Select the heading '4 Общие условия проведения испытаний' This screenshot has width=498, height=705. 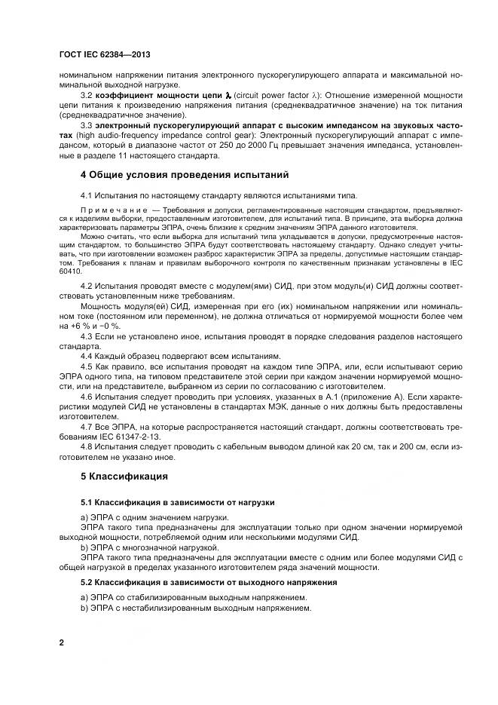[x=184, y=175]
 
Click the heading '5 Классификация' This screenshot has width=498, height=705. [x=124, y=477]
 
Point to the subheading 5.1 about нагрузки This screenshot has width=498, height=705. [x=178, y=501]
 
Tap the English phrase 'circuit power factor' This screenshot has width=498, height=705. [x=270, y=96]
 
